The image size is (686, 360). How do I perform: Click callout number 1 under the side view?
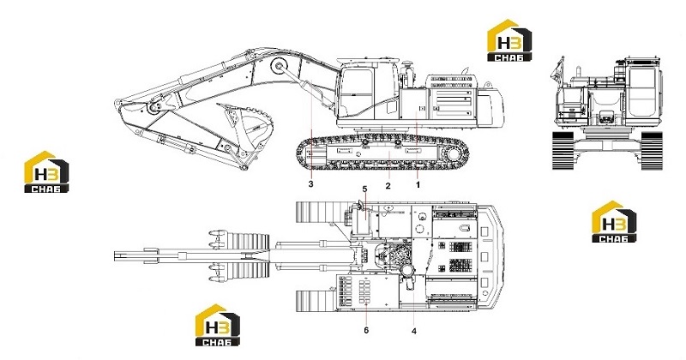click(418, 184)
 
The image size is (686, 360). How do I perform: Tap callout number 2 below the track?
click(388, 185)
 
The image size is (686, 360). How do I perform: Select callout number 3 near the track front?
click(310, 184)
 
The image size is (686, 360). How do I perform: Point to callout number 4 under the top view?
click(414, 331)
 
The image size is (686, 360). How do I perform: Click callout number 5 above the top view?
click(364, 189)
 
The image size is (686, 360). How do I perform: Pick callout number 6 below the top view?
click(366, 330)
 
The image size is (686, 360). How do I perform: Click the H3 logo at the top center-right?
click(509, 40)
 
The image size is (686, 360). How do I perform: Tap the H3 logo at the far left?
click(46, 172)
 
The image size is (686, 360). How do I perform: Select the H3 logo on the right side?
click(614, 221)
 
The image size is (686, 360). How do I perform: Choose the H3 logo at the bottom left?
click(218, 325)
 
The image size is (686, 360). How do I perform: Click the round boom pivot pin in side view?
click(278, 66)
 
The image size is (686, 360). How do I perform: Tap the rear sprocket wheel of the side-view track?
click(455, 154)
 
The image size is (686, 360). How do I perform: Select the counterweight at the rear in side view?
click(490, 106)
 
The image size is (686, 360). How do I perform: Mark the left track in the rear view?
click(562, 150)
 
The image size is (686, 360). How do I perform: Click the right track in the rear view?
click(652, 150)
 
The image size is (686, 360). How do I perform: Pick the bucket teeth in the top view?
click(216, 255)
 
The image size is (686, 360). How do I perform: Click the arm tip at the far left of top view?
click(117, 256)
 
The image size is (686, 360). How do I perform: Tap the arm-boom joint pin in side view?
click(153, 108)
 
